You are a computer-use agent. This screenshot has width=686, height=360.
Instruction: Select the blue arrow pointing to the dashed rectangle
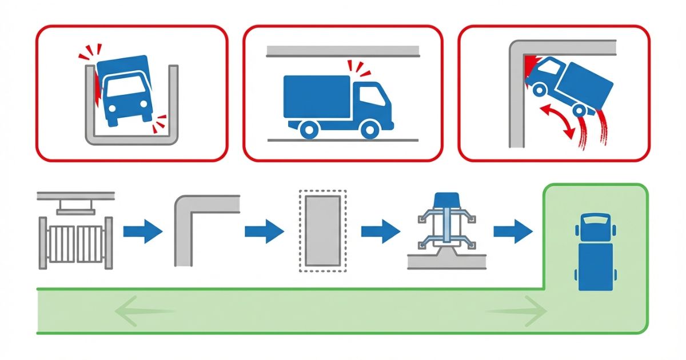[264, 231]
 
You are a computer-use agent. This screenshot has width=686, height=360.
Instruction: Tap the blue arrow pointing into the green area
[513, 231]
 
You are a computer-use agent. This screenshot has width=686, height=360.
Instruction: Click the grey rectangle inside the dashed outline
[323, 230]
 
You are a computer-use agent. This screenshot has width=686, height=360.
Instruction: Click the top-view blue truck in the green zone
[595, 251]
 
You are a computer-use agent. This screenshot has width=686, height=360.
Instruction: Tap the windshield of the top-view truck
[595, 218]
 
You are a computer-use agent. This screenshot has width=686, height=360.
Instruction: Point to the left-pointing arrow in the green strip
[143, 311]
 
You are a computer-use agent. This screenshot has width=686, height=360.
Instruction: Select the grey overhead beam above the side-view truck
[342, 51]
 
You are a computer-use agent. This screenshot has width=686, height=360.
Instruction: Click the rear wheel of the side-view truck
[309, 129]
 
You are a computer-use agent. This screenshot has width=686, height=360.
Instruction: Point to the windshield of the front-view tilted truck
[126, 87]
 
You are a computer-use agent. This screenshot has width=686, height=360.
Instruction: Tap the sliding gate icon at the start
[75, 237]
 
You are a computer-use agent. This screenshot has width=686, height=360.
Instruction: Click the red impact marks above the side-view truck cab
[358, 69]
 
